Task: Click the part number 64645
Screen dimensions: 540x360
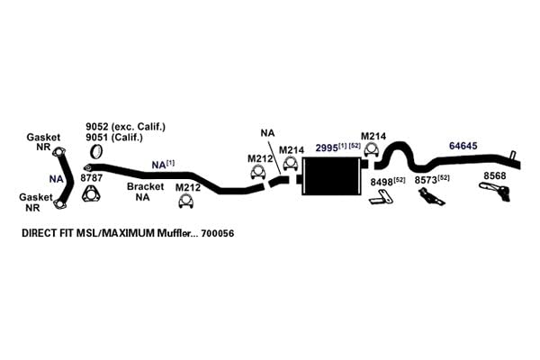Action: pos(463,146)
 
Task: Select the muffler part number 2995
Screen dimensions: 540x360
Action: pos(327,148)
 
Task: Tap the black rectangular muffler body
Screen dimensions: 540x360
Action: pos(330,176)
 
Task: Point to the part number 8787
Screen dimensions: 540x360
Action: pos(91,178)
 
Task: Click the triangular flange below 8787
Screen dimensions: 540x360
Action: pos(91,194)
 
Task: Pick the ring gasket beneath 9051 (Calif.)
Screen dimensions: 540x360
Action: pos(97,151)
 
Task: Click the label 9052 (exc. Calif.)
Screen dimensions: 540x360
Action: pos(125,127)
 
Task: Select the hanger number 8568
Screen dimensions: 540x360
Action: pos(495,175)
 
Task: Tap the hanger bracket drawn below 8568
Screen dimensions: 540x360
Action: pos(496,191)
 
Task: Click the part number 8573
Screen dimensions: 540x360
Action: pos(426,180)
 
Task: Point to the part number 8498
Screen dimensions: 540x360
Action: pos(382,182)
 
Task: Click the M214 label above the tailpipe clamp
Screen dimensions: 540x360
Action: pos(373,137)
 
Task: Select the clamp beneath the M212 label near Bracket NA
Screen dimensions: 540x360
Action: pos(186,202)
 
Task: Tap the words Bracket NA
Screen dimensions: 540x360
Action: pos(145,192)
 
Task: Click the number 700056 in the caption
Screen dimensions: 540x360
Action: pos(218,234)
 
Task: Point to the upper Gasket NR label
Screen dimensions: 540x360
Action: pos(43,142)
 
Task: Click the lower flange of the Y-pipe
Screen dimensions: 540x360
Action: pos(59,204)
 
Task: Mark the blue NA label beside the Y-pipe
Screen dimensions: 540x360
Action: pos(56,179)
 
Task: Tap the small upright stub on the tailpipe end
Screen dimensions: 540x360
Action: pos(512,155)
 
